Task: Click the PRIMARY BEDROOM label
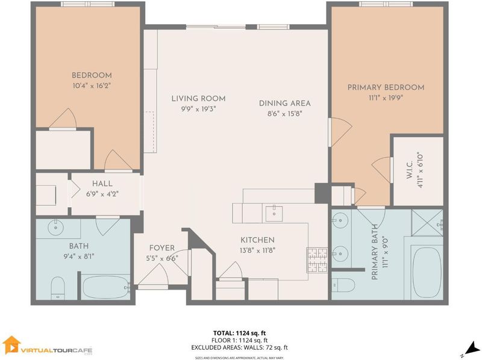coord(386,87)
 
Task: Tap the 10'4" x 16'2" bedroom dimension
coord(92,85)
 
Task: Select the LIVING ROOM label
coord(198,99)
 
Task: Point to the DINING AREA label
coord(284,103)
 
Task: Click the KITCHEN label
coord(257,240)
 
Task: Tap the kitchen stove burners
coord(317,260)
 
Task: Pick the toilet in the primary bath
coord(343,285)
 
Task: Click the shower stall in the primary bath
coord(427,223)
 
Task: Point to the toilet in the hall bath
coord(57,288)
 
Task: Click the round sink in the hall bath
coord(56,228)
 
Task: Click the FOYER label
coord(162,248)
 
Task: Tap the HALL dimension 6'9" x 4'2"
coord(102,194)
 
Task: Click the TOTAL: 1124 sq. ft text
coord(239,333)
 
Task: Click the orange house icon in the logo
coord(11,344)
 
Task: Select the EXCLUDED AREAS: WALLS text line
coord(239,348)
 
